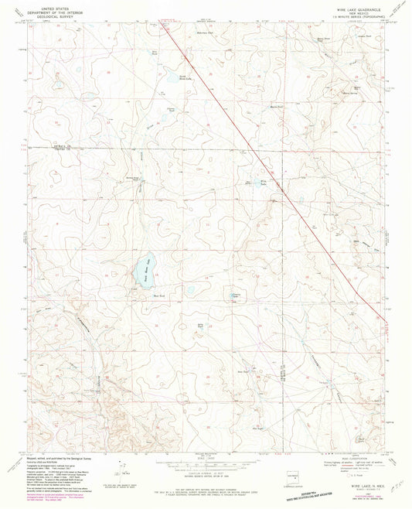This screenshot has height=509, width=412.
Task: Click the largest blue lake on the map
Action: point(143,270)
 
